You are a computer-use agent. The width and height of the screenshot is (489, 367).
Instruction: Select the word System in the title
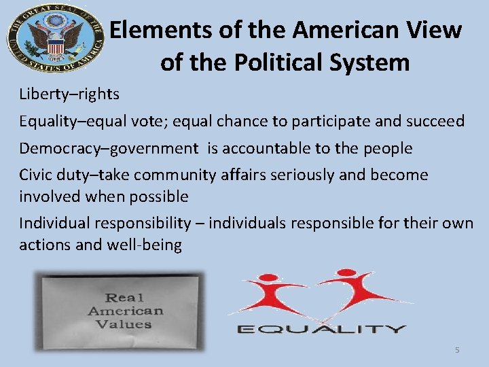click(373, 63)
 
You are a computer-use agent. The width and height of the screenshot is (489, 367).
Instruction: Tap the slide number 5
click(457, 350)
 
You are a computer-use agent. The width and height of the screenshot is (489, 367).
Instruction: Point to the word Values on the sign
click(123, 324)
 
